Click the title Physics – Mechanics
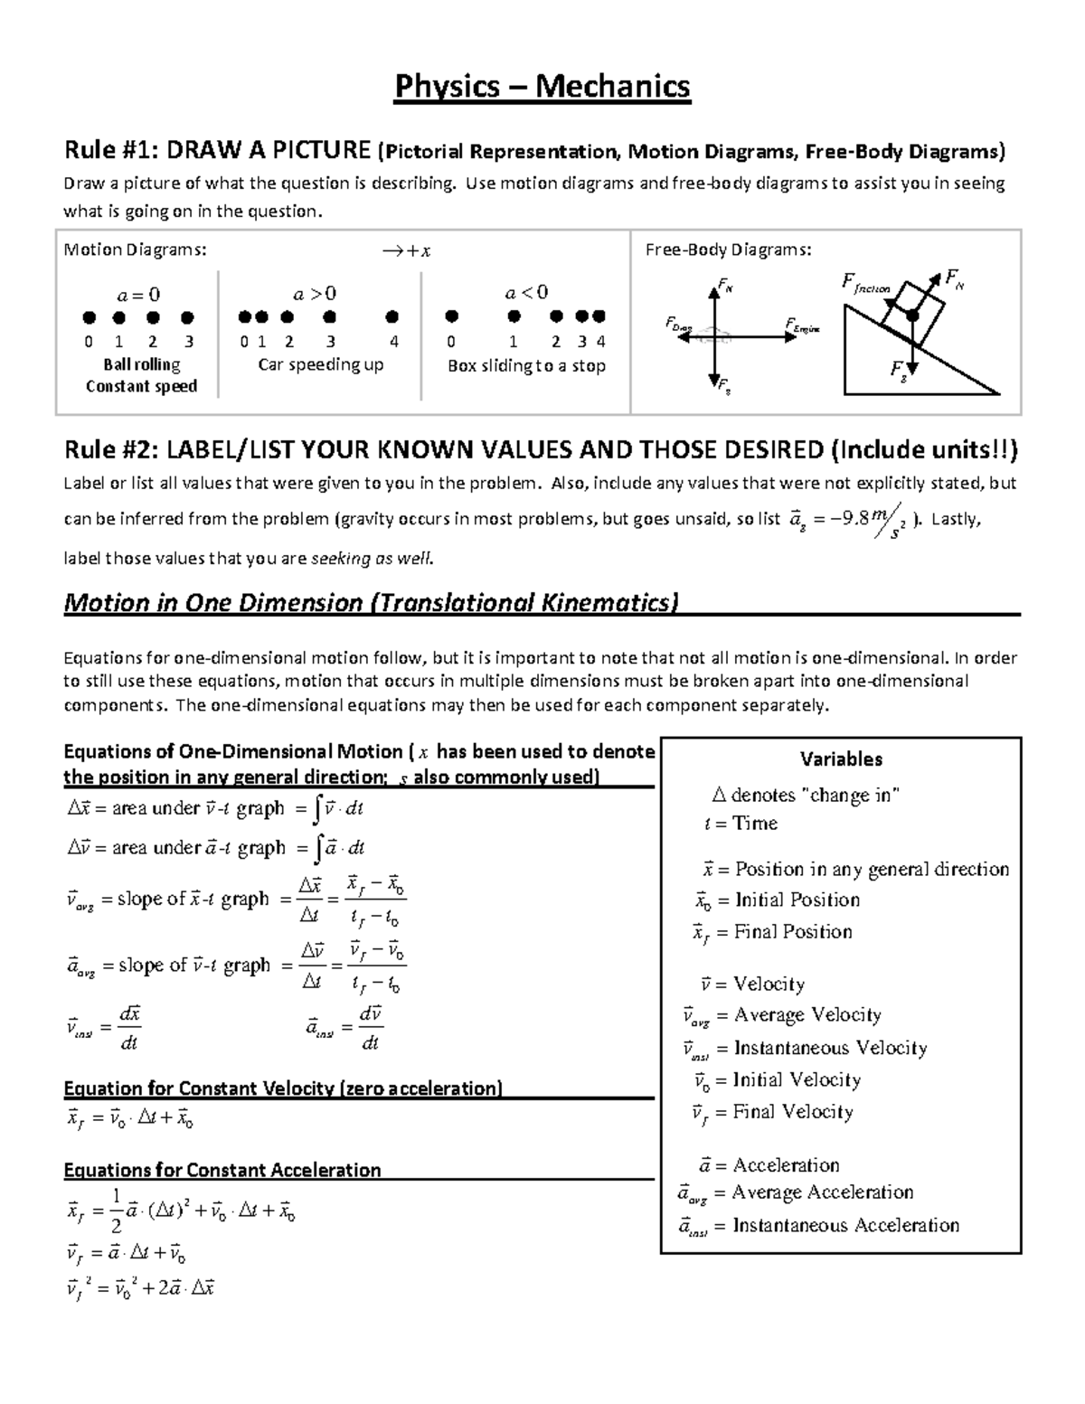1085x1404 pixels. pyautogui.click(x=542, y=87)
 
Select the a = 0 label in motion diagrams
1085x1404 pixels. pyautogui.click(x=139, y=294)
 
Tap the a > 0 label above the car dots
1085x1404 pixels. pyautogui.click(x=316, y=293)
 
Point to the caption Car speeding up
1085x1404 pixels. pyautogui.click(x=321, y=364)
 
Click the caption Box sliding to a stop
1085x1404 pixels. pyautogui.click(x=526, y=366)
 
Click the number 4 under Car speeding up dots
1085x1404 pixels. pyautogui.click(x=393, y=342)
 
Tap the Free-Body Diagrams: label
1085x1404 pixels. pyautogui.click(x=728, y=250)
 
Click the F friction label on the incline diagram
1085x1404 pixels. pyautogui.click(x=865, y=285)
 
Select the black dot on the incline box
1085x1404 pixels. pyautogui.click(x=912, y=316)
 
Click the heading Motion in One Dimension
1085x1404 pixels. pyautogui.click(x=370, y=602)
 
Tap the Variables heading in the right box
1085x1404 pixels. pyautogui.click(x=841, y=759)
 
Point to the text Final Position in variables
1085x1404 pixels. pyautogui.click(x=793, y=932)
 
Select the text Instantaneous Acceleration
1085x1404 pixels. pyautogui.click(x=845, y=1225)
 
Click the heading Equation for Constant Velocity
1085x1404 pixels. pyautogui.click(x=283, y=1088)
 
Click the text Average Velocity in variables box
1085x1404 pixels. pyautogui.click(x=807, y=1015)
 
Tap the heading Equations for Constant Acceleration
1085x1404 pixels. pyautogui.click(x=222, y=1170)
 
